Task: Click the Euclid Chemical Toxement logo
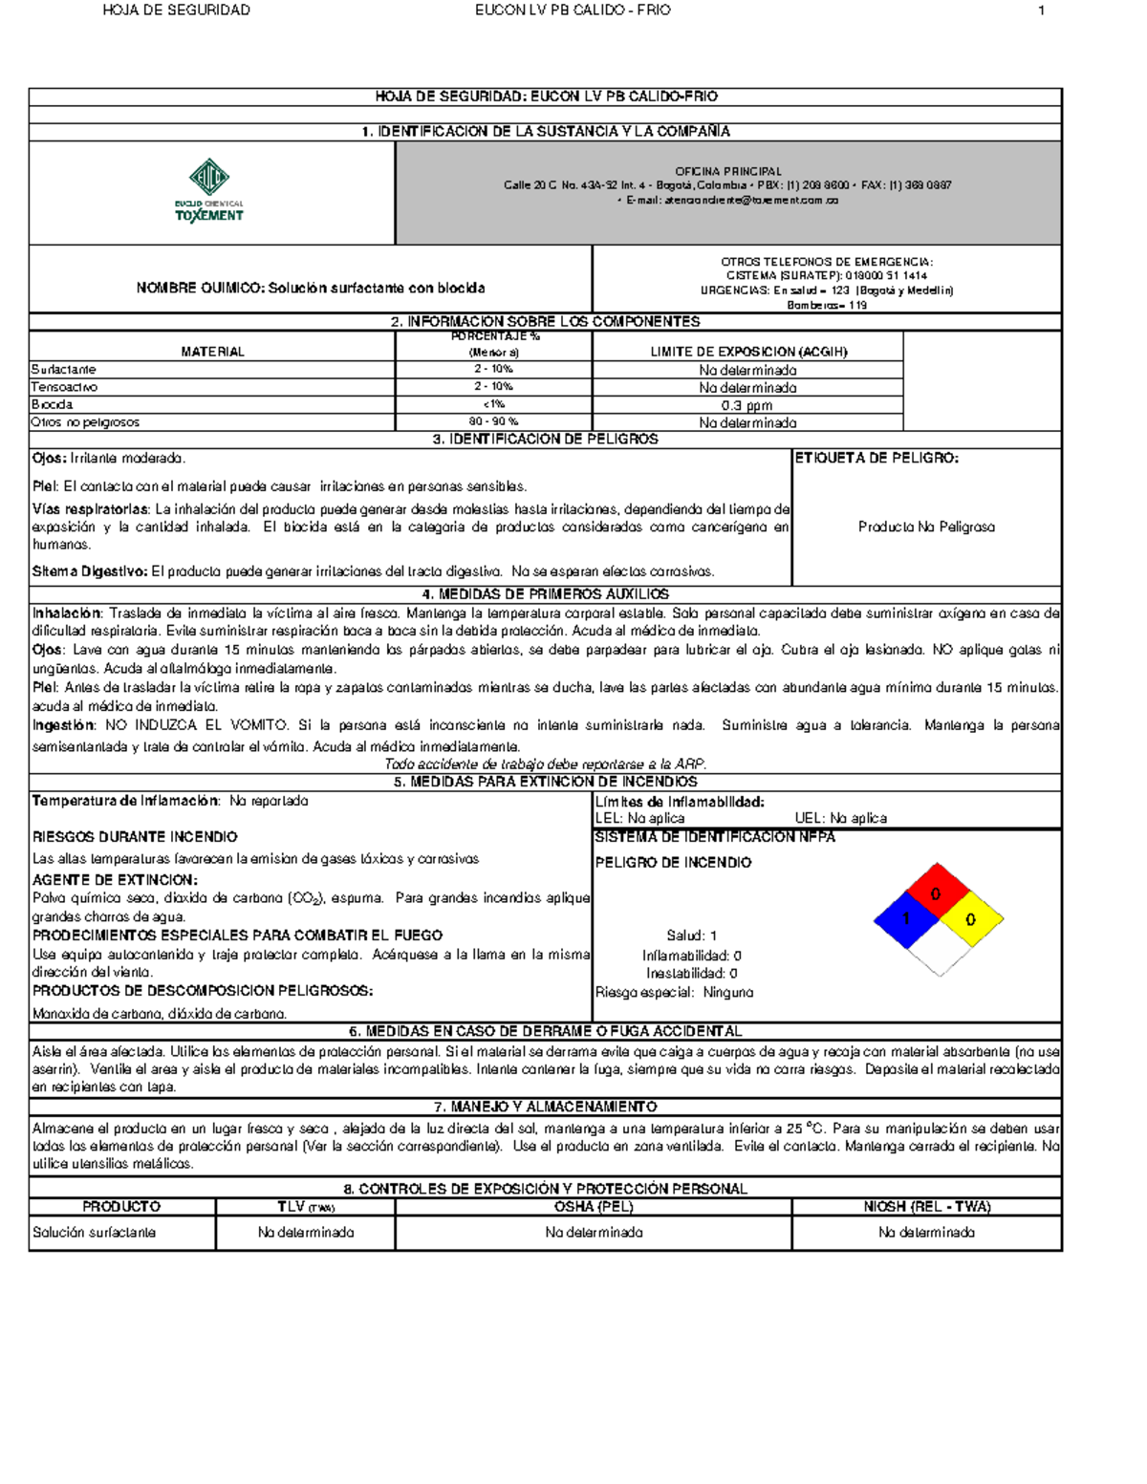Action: click(x=209, y=191)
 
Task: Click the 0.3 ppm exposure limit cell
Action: click(x=747, y=405)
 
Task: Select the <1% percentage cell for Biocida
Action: click(x=493, y=404)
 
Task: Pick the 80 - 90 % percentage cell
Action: click(x=493, y=421)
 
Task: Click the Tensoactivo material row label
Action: click(x=64, y=387)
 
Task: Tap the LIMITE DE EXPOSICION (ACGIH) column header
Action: click(x=748, y=352)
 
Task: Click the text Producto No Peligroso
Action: click(x=926, y=527)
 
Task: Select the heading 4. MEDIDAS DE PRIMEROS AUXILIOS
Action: click(x=545, y=594)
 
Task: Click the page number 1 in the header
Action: click(x=1041, y=11)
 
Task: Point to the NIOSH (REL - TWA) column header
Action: click(x=926, y=1207)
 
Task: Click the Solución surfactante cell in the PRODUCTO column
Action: click(x=94, y=1233)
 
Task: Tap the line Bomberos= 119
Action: click(x=827, y=306)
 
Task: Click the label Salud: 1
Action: click(x=692, y=936)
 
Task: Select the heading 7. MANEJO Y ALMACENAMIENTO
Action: click(x=545, y=1107)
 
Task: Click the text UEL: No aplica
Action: click(x=841, y=818)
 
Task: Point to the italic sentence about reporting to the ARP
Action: click(x=545, y=764)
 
